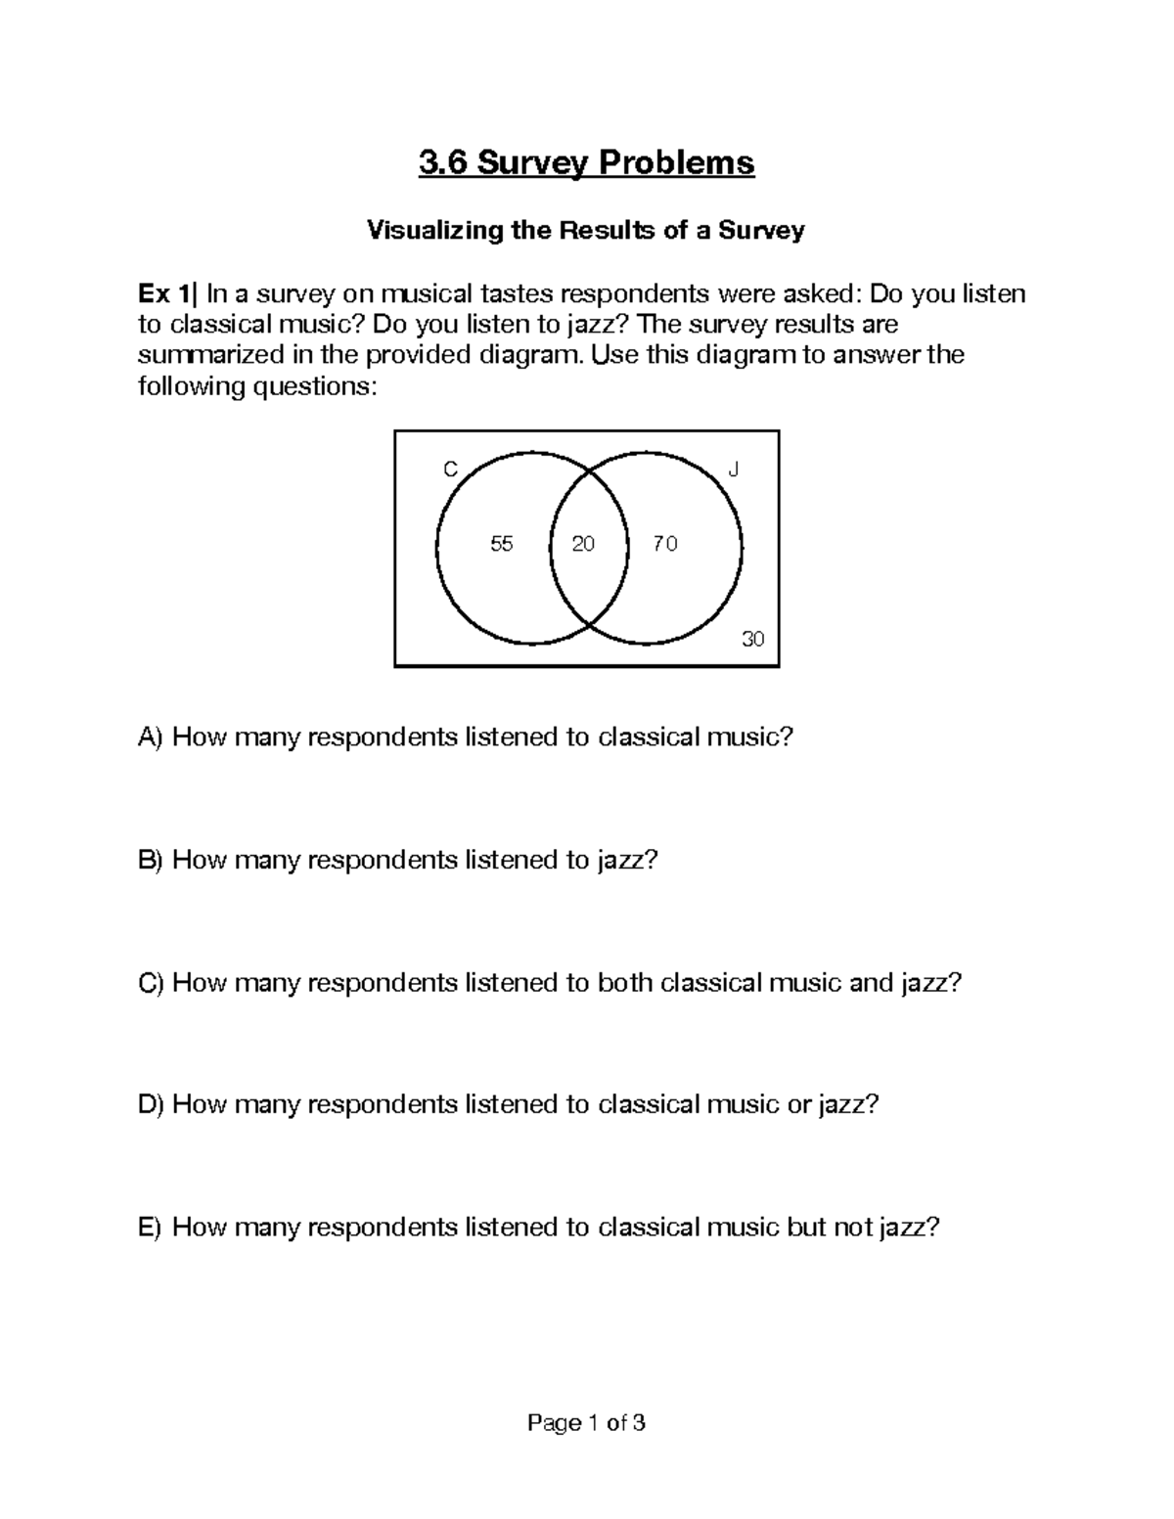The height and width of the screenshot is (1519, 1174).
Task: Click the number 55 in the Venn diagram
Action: (x=501, y=545)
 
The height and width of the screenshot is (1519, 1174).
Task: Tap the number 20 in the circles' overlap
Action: (x=583, y=545)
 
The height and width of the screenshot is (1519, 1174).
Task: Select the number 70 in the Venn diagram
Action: (x=665, y=545)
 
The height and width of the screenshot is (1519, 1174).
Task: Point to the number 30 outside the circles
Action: (x=752, y=640)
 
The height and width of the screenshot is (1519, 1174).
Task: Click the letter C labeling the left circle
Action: (x=450, y=470)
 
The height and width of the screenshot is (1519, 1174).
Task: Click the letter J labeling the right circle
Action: (x=734, y=470)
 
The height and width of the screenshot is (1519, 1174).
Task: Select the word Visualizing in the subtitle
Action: (x=425, y=231)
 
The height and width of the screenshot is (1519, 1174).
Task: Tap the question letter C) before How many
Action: (x=153, y=983)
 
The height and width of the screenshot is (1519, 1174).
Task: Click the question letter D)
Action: (x=153, y=1105)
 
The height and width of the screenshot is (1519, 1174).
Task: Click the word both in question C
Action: (x=624, y=983)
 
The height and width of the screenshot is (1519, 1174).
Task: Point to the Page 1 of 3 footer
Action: (x=586, y=1423)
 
